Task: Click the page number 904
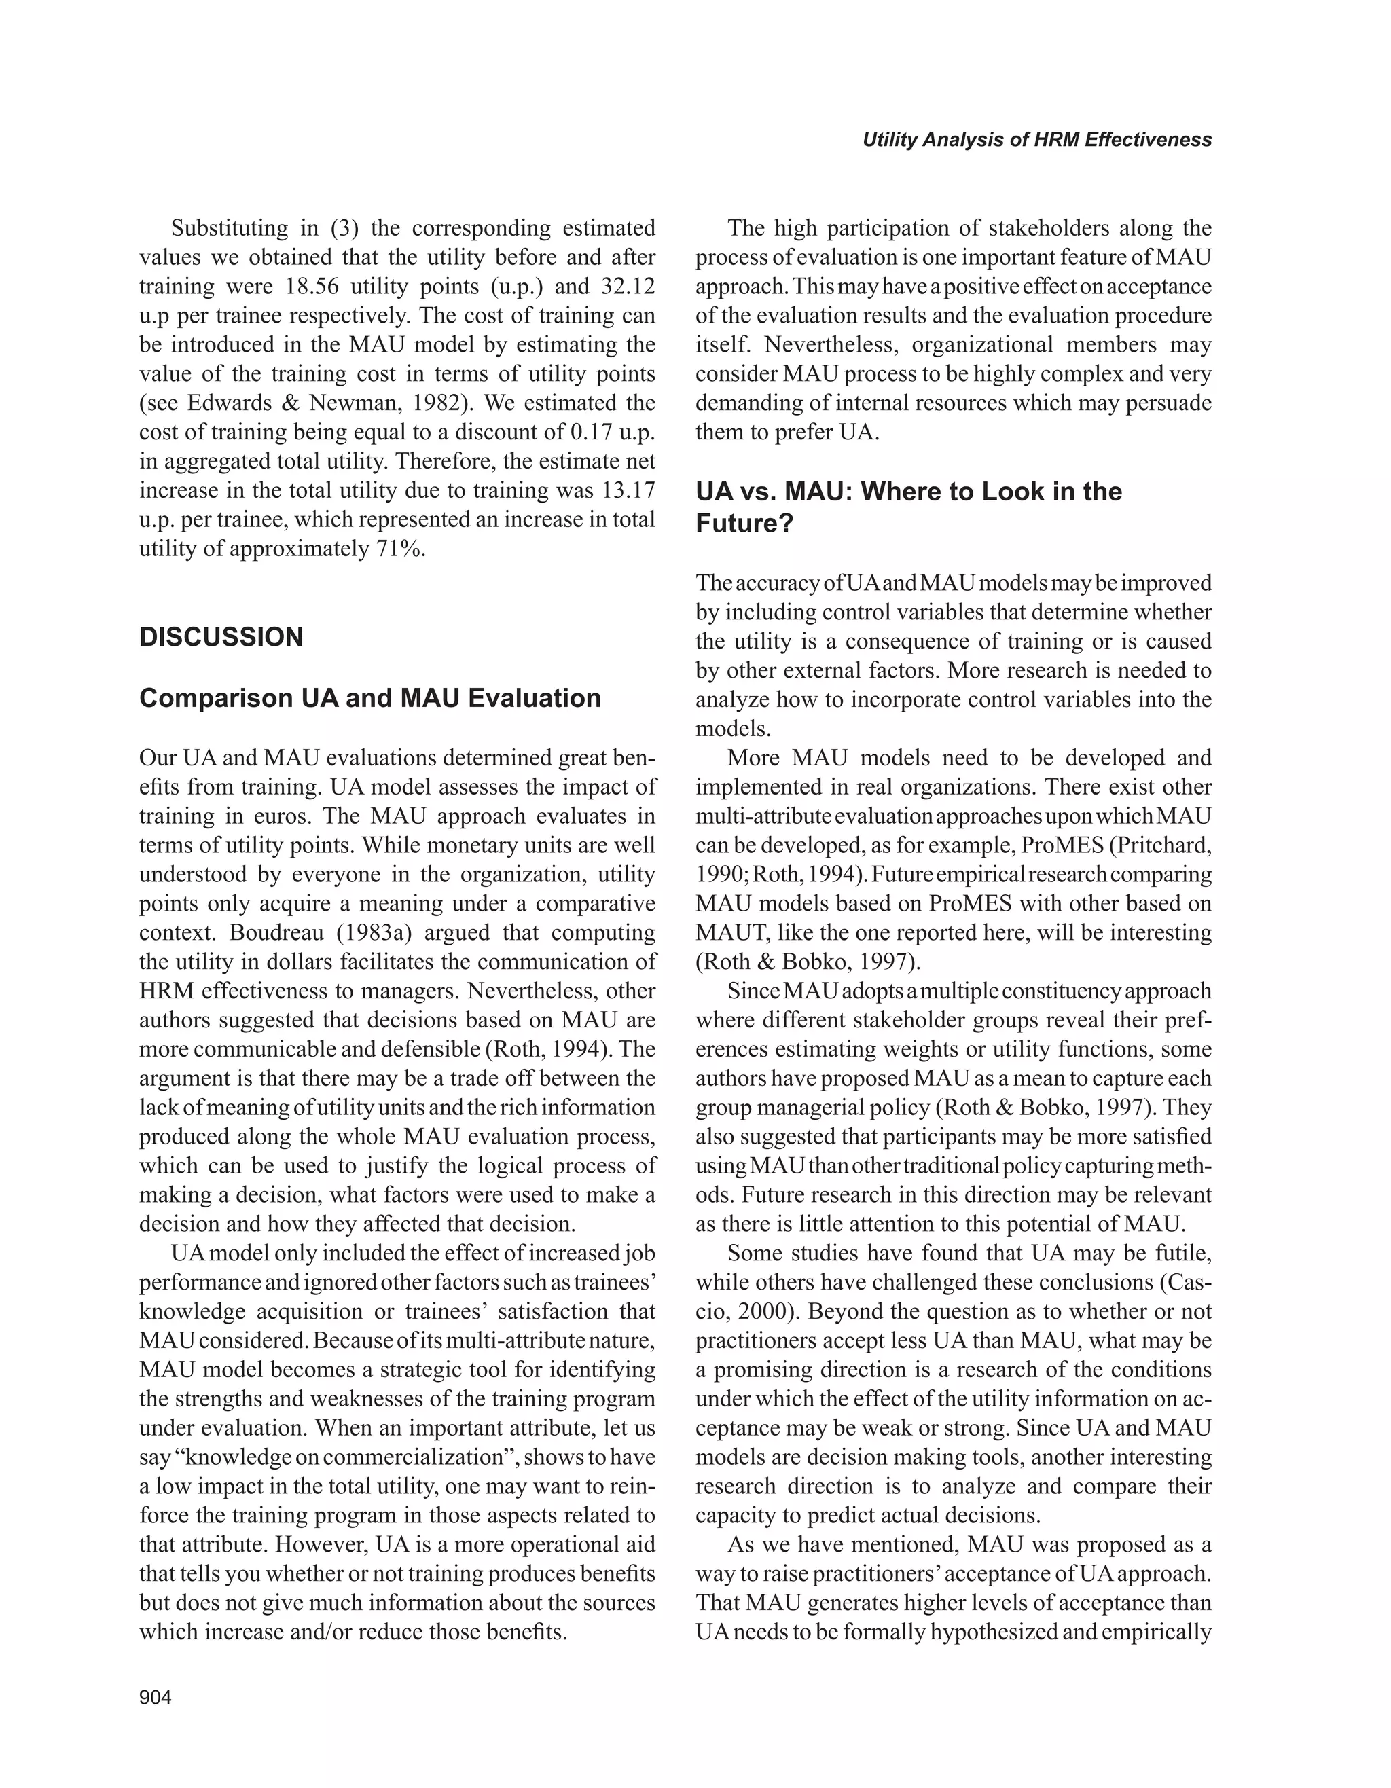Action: [156, 1698]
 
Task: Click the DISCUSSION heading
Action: [221, 637]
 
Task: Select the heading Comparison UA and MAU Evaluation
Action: [370, 697]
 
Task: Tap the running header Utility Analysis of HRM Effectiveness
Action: [1036, 140]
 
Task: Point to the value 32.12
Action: [626, 287]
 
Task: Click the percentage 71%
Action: [401, 549]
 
